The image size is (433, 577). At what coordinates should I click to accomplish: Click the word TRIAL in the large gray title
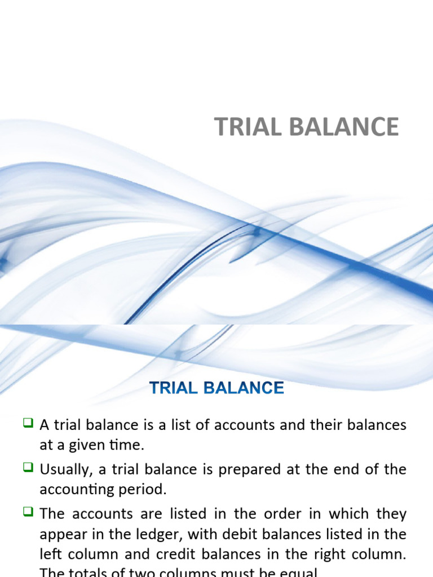242,127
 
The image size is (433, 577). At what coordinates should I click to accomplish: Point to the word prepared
240,470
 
